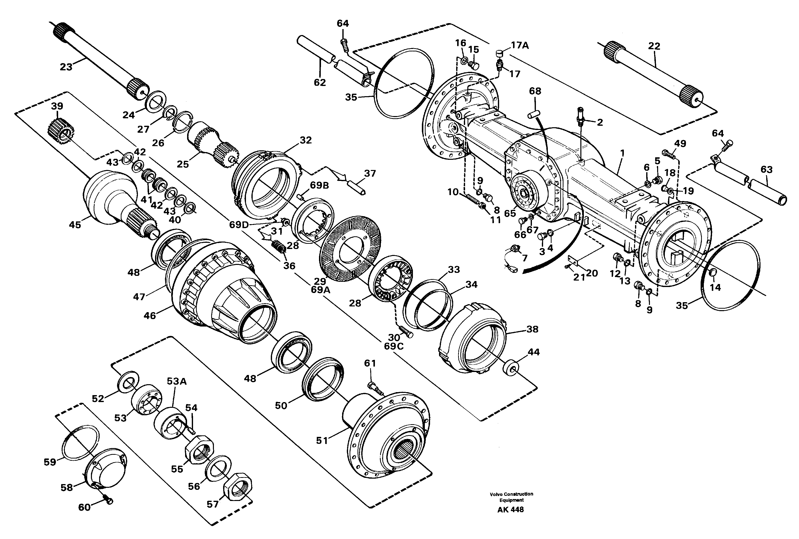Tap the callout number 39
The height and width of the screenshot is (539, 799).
tap(57, 106)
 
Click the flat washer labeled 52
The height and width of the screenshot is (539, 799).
tap(128, 380)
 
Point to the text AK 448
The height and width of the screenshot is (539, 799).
tap(510, 510)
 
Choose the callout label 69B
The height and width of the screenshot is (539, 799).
tap(319, 186)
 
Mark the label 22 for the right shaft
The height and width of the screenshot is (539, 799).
tap(654, 46)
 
